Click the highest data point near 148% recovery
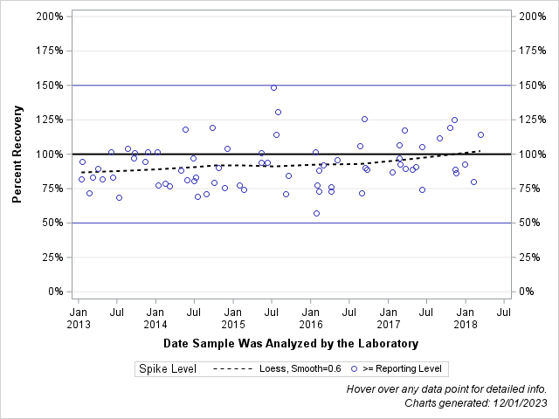pyautogui.click(x=273, y=87)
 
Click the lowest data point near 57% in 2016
pyautogui.click(x=316, y=213)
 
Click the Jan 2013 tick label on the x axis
pyautogui.click(x=78, y=318)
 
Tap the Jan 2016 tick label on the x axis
pyautogui.click(x=311, y=318)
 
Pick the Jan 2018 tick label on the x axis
pyautogui.click(x=466, y=318)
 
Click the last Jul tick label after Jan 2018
pyautogui.click(x=504, y=311)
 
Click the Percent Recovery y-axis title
pyautogui.click(x=17, y=155)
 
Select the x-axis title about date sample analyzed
pyautogui.click(x=291, y=343)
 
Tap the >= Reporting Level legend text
pyautogui.click(x=403, y=369)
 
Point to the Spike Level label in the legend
pyautogui.click(x=167, y=369)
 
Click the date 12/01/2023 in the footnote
pyautogui.click(x=519, y=402)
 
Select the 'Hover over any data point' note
pyautogui.click(x=446, y=388)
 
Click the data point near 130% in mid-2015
pyautogui.click(x=278, y=112)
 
